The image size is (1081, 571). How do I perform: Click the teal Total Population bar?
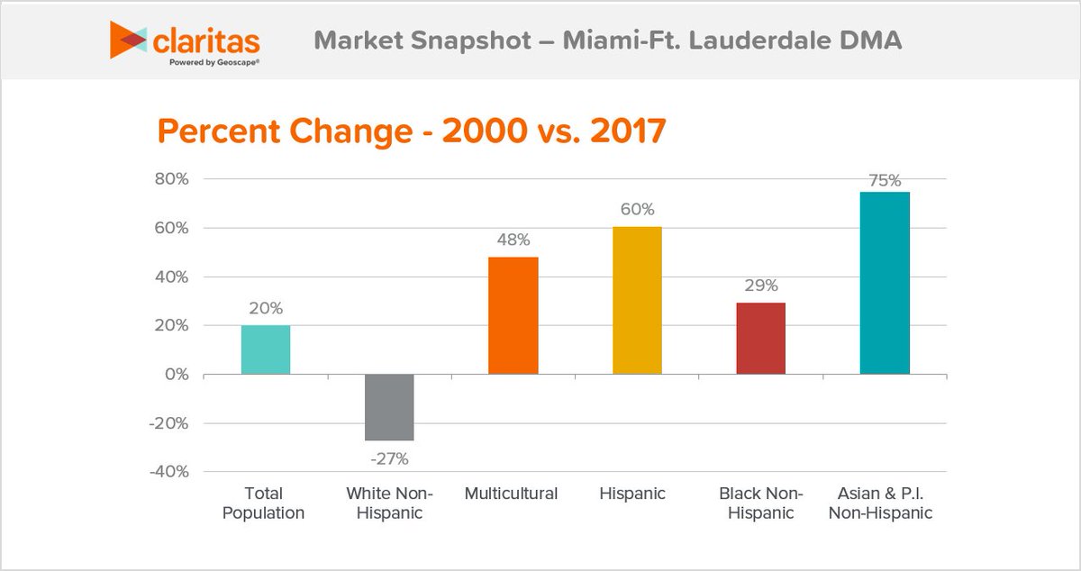tap(266, 349)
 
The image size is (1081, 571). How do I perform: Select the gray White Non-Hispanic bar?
tap(389, 407)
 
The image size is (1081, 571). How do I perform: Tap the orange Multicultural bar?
tap(513, 315)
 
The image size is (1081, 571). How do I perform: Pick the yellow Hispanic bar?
tap(637, 300)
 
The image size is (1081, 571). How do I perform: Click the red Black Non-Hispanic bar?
tap(761, 338)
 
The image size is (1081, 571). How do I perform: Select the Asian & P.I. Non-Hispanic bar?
tap(885, 283)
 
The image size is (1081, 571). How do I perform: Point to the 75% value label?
tap(885, 180)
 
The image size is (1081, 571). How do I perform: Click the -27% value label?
tap(389, 459)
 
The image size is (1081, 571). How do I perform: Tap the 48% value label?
tap(513, 240)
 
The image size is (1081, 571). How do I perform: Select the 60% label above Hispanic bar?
tap(637, 210)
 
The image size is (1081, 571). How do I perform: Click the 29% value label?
tap(761, 285)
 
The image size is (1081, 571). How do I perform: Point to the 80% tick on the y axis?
tap(170, 179)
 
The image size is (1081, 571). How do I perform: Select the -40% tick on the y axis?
tap(168, 472)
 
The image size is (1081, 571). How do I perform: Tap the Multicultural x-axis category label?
tap(512, 494)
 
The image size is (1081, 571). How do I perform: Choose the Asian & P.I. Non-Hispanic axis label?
tap(884, 503)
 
